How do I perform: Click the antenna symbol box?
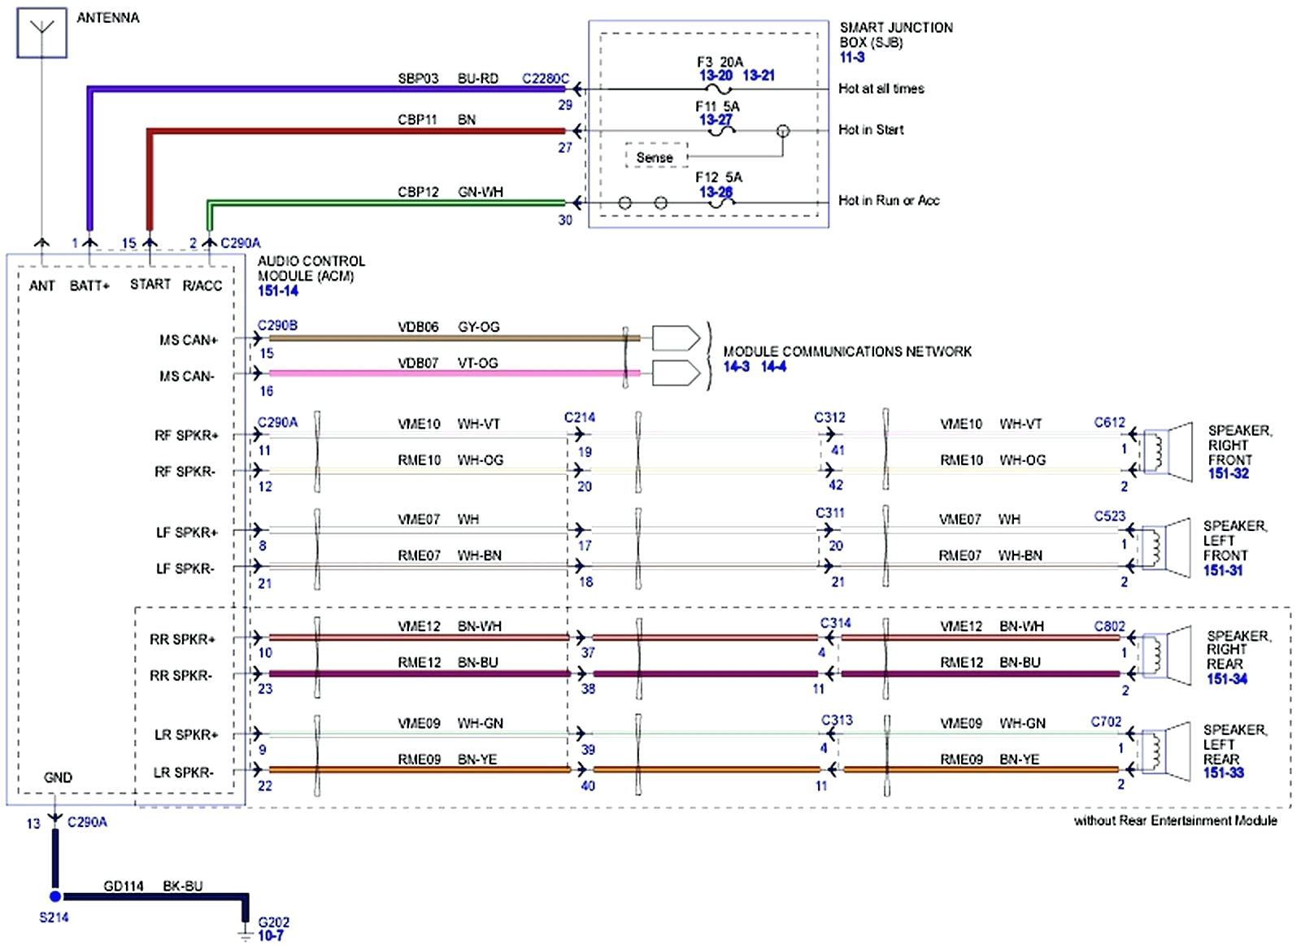[x=41, y=35]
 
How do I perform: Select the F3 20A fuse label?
[x=719, y=62]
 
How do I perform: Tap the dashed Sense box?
[x=655, y=157]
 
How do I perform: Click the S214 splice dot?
[x=55, y=896]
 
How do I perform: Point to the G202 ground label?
[x=273, y=922]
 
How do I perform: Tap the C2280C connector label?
[x=545, y=79]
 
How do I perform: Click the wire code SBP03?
[x=418, y=79]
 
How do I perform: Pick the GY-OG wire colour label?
[x=478, y=327]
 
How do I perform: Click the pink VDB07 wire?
[x=447, y=373]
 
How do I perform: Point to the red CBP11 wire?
[x=358, y=130]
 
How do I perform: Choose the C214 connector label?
[x=579, y=417]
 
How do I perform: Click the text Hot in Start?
[x=871, y=129]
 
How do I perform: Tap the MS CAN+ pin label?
[x=188, y=340]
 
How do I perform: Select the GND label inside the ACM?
[x=58, y=777]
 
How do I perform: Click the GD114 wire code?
[x=124, y=886]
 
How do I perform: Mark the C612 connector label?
[x=1109, y=422]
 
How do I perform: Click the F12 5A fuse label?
[x=718, y=177]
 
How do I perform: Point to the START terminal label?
[x=150, y=284]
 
